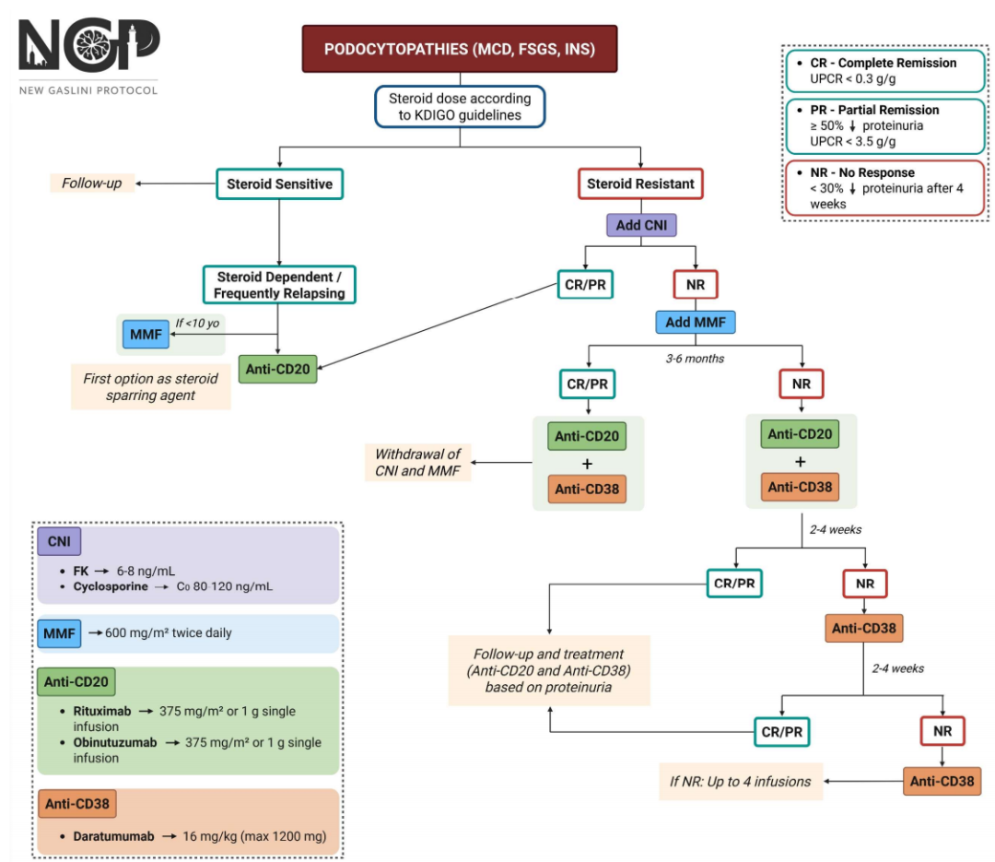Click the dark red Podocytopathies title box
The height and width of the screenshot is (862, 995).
(x=460, y=49)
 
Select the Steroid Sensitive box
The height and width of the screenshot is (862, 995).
(x=280, y=183)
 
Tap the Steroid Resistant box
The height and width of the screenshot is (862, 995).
(x=640, y=183)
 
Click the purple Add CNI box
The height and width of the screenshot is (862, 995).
(x=641, y=225)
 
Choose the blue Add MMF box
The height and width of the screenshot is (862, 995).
(x=696, y=322)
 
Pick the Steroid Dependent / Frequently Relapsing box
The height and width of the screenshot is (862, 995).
(x=279, y=285)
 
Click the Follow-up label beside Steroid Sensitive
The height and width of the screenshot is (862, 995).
(x=92, y=183)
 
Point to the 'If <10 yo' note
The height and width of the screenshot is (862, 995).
(x=197, y=323)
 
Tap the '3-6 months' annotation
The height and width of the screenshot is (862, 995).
(x=695, y=359)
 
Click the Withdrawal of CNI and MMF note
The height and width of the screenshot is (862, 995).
(x=417, y=463)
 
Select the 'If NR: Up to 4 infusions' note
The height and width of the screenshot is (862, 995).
(x=741, y=781)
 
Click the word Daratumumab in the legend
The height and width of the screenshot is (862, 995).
(x=113, y=836)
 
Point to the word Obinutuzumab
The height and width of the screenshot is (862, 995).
(x=115, y=742)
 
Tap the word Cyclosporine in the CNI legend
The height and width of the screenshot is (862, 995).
(x=111, y=586)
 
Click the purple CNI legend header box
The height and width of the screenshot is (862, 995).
(x=59, y=541)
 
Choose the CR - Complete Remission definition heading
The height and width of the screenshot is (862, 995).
(x=884, y=63)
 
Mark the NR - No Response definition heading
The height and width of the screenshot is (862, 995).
(x=862, y=172)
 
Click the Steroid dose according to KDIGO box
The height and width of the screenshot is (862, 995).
(x=460, y=107)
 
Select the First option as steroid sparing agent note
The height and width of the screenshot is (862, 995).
(x=150, y=387)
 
